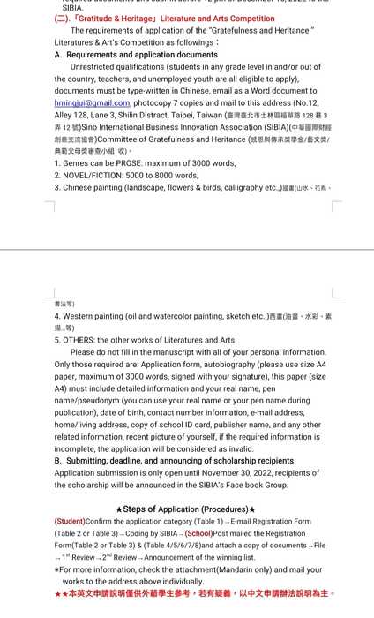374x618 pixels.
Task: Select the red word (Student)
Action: click(69, 521)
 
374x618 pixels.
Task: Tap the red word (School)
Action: click(198, 533)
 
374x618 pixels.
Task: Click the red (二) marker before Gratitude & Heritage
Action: click(64, 18)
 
